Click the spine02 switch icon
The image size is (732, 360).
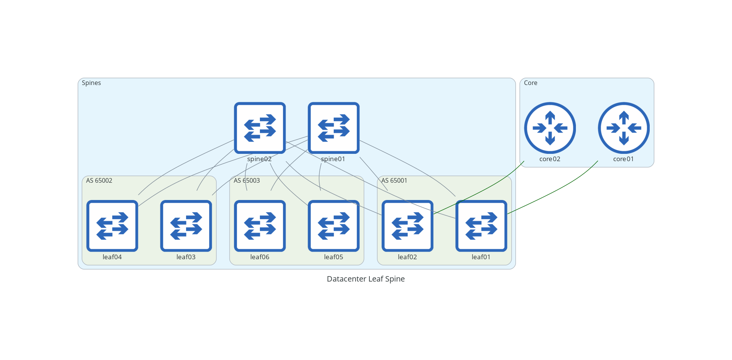coord(260,128)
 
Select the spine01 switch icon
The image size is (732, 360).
coord(334,128)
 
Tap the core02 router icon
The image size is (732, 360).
coord(550,128)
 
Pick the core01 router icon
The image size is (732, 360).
coord(624,128)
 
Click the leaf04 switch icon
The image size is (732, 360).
coord(112,226)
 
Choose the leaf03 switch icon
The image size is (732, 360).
coord(186,226)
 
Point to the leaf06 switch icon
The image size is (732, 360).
coord(260,226)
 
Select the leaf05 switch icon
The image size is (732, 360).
coord(334,226)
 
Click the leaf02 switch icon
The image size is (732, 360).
coord(408,226)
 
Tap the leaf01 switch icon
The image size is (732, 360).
coord(481,226)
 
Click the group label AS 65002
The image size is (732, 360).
coord(99,180)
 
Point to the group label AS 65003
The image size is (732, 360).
coord(247,180)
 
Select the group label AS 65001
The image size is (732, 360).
coord(394,180)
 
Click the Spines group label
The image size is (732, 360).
coord(91,83)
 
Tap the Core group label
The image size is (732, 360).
coord(531,83)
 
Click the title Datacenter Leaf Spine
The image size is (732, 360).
coord(366,279)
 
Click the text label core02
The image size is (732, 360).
coord(550,159)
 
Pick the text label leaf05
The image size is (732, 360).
coord(334,257)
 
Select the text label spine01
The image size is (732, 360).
coord(333,159)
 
